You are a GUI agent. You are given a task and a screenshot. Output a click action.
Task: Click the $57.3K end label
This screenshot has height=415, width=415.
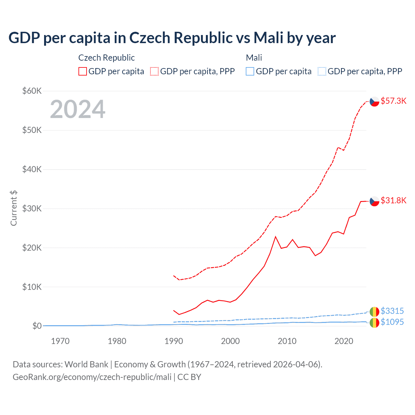pyautogui.click(x=393, y=101)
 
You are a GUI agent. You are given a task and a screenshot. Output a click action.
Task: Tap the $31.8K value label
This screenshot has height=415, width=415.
pyautogui.click(x=393, y=200)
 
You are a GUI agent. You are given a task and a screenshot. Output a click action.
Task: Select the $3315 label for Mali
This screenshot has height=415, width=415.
pyautogui.click(x=392, y=311)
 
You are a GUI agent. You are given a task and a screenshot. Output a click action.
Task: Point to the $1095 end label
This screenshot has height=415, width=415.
pyautogui.click(x=392, y=322)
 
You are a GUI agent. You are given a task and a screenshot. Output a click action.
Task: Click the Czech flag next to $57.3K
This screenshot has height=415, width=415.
pyautogui.click(x=374, y=101)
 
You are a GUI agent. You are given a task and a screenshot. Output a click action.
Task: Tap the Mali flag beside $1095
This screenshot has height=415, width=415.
pyautogui.click(x=374, y=322)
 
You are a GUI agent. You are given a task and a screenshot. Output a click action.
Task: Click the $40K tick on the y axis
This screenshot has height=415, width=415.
pyautogui.click(x=32, y=169)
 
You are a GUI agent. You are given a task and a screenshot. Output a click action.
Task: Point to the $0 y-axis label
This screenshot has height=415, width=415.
pyautogui.click(x=37, y=326)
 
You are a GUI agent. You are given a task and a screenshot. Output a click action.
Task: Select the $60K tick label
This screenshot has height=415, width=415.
pyautogui.click(x=32, y=91)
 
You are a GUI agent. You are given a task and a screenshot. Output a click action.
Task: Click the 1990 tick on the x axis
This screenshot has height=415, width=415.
pyautogui.click(x=174, y=341)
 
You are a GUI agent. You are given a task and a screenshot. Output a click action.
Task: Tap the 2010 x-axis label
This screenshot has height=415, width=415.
pyautogui.click(x=287, y=341)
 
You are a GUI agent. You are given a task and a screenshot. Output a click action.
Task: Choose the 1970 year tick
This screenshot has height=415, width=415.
pyautogui.click(x=60, y=341)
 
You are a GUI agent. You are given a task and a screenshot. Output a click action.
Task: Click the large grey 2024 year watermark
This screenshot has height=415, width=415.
pyautogui.click(x=77, y=109)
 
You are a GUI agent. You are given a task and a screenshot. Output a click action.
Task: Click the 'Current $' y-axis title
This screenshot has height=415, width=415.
pyautogui.click(x=14, y=208)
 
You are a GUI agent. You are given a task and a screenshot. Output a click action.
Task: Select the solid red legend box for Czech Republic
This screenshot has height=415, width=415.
pyautogui.click(x=83, y=71)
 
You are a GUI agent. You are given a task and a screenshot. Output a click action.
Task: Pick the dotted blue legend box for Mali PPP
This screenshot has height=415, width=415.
pyautogui.click(x=322, y=71)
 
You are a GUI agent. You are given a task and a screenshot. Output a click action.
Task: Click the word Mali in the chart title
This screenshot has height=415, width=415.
pyautogui.click(x=269, y=38)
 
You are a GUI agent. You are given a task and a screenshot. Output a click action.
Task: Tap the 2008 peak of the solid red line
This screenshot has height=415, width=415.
pyautogui.click(x=276, y=237)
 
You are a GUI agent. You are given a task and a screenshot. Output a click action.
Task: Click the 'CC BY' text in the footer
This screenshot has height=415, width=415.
pyautogui.click(x=189, y=377)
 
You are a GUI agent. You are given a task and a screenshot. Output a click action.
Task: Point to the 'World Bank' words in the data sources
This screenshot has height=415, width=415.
pyautogui.click(x=86, y=364)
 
